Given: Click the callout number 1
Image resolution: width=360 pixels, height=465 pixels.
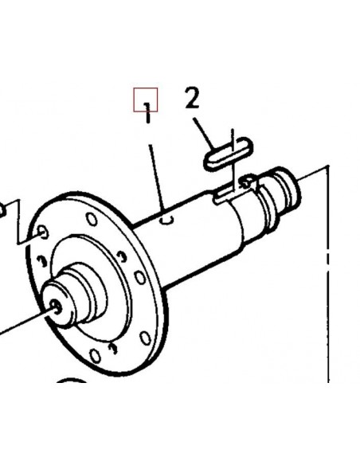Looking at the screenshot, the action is tap(147, 113).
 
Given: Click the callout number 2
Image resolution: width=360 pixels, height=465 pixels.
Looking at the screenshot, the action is tap(193, 97).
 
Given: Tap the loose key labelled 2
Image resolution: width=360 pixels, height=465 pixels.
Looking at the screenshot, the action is tap(229, 154).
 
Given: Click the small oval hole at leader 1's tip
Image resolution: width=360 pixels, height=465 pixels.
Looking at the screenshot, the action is tap(167, 220).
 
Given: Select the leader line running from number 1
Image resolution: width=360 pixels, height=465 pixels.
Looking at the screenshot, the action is tap(157, 178).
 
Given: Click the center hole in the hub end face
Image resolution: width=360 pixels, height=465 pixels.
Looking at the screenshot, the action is tap(56, 307).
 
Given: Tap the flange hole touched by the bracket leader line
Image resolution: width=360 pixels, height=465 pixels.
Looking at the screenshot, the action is tap(43, 232).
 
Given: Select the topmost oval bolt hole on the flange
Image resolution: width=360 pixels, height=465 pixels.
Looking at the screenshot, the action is tap(92, 219).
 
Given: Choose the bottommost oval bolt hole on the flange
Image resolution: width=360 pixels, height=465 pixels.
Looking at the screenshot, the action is tap(95, 356).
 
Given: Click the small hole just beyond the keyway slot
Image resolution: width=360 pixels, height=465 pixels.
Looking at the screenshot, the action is tap(247, 182).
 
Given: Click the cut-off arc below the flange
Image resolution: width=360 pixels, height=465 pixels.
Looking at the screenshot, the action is tap(71, 380).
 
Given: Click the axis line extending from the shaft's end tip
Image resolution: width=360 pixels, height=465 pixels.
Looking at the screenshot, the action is tap(313, 174).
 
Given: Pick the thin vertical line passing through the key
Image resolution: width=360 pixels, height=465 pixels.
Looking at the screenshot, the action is tap(233, 159).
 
